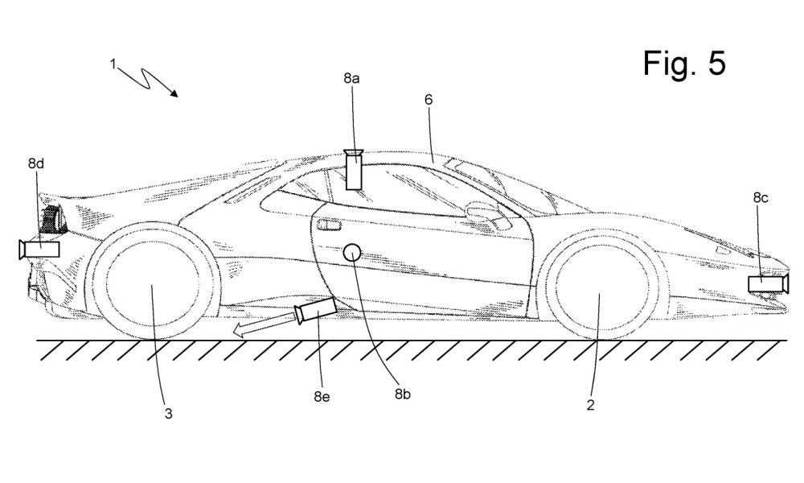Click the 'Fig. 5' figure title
(684, 64)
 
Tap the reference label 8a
(351, 79)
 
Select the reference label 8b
(403, 394)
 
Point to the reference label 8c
(761, 197)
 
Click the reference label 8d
(36, 163)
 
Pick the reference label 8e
(322, 397)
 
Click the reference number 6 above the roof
(429, 100)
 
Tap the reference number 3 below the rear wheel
(168, 414)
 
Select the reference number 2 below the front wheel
(590, 405)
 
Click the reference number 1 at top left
(113, 64)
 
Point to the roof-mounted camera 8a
(354, 169)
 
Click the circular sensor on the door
(352, 252)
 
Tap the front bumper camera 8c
(768, 284)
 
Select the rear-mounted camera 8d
(39, 249)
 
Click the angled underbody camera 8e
(316, 311)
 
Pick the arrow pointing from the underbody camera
(264, 327)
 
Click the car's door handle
(329, 225)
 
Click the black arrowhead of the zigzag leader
(174, 93)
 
